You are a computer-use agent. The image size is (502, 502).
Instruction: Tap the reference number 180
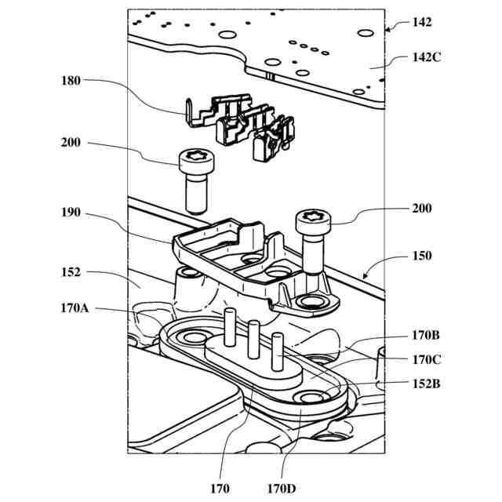[71, 79]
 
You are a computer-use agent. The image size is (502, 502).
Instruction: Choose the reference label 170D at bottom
[281, 489]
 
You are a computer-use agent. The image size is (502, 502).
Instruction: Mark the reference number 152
[71, 272]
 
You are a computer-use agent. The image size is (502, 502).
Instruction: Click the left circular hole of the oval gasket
[190, 337]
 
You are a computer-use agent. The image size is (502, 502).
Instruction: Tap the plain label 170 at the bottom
[221, 489]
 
